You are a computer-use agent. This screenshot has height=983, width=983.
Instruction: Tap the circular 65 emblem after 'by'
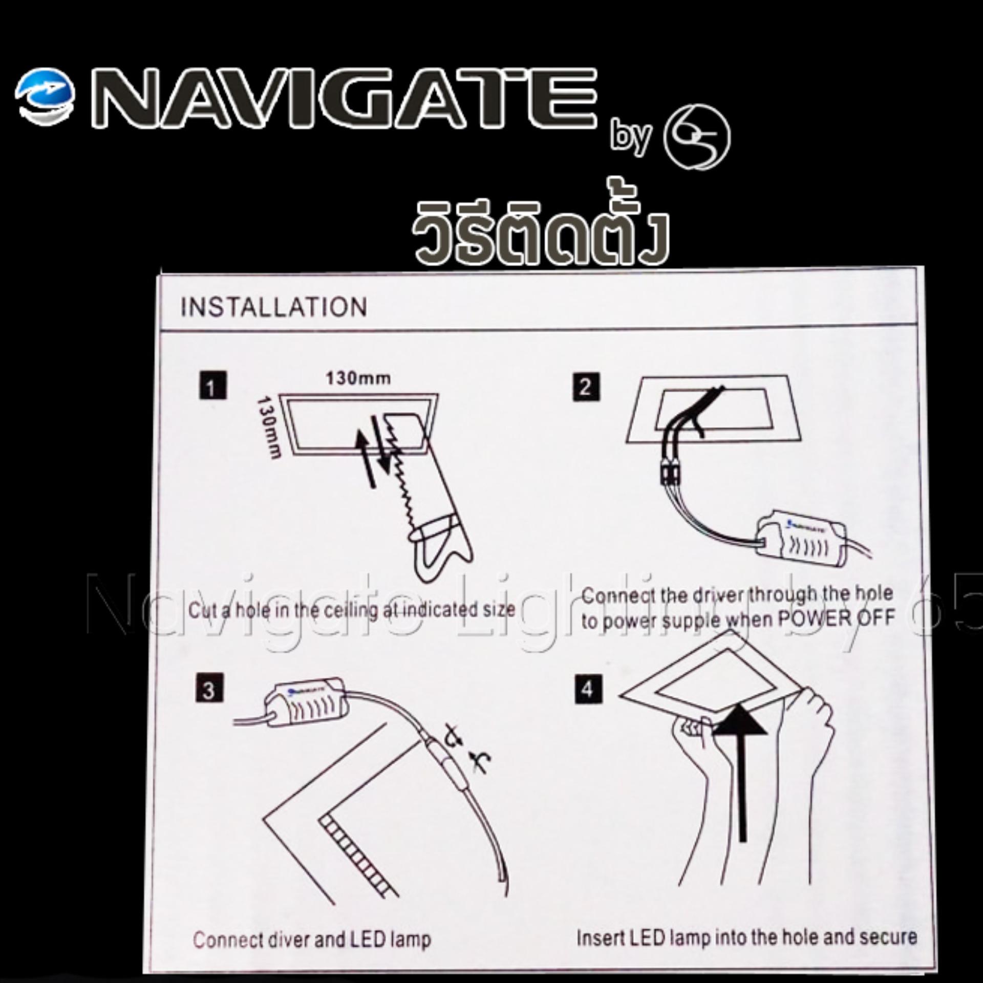[697, 137]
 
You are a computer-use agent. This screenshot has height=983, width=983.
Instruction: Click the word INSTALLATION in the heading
[274, 307]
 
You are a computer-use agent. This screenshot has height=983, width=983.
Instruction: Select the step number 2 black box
[586, 388]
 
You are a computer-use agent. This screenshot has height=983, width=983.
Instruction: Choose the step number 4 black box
[587, 690]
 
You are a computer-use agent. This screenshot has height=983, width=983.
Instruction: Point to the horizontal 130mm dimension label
[358, 378]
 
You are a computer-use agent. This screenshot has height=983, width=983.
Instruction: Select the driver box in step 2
[801, 543]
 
